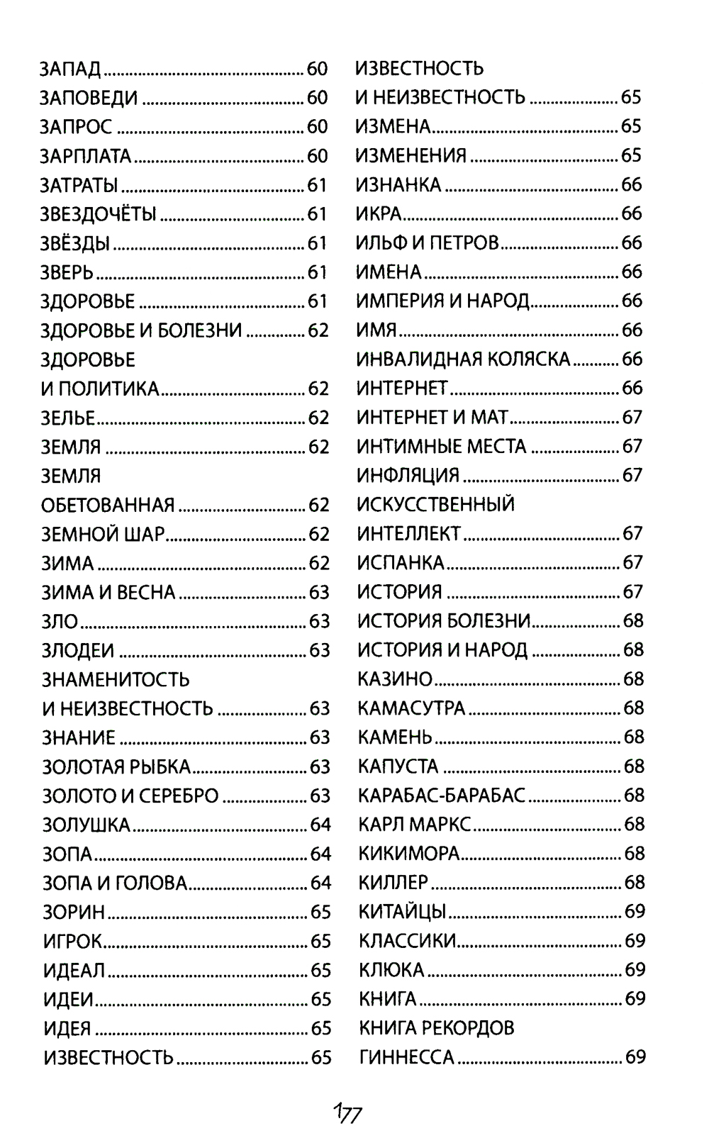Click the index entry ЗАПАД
pos(70,69)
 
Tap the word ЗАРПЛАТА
pos(85,156)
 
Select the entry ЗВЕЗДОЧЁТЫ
pos(98,214)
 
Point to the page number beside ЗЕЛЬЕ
pos(319,418)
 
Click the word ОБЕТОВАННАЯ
pos(108,506)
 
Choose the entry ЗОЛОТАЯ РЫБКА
pos(116,767)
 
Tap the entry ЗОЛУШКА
pos(86,825)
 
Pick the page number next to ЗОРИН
pos(321,913)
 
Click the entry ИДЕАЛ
pos(74,971)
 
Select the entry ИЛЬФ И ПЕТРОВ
pos(427,243)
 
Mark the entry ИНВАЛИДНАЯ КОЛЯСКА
pos(463,359)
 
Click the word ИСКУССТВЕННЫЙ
pos(435,505)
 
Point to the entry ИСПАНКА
pos(401,563)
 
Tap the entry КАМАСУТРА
pos(411,708)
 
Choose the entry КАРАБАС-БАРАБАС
pos(442,796)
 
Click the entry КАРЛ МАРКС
pos(415,825)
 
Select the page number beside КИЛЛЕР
pos(634,883)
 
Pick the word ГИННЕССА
pos(406,1058)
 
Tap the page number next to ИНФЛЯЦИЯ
pos(632,476)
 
